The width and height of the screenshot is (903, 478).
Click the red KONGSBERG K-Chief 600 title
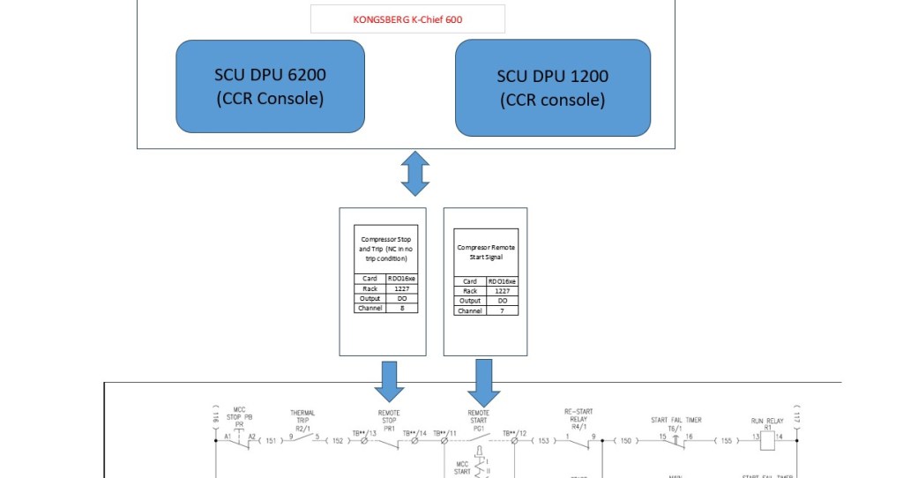(x=407, y=19)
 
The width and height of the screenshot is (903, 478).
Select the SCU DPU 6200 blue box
(x=269, y=86)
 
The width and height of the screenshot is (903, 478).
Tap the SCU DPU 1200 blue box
(x=552, y=87)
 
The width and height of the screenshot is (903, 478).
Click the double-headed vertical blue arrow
(x=414, y=174)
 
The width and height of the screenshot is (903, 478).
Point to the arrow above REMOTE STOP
(x=389, y=379)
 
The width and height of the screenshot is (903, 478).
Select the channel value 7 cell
(x=501, y=310)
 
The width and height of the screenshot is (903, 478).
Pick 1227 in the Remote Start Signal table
(x=501, y=291)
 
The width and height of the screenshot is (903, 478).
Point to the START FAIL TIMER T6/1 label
(x=676, y=423)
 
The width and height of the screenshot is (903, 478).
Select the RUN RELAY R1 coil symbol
(x=767, y=438)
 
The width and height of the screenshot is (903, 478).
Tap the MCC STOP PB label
(x=238, y=413)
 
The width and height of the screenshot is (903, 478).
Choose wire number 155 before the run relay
(x=725, y=439)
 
